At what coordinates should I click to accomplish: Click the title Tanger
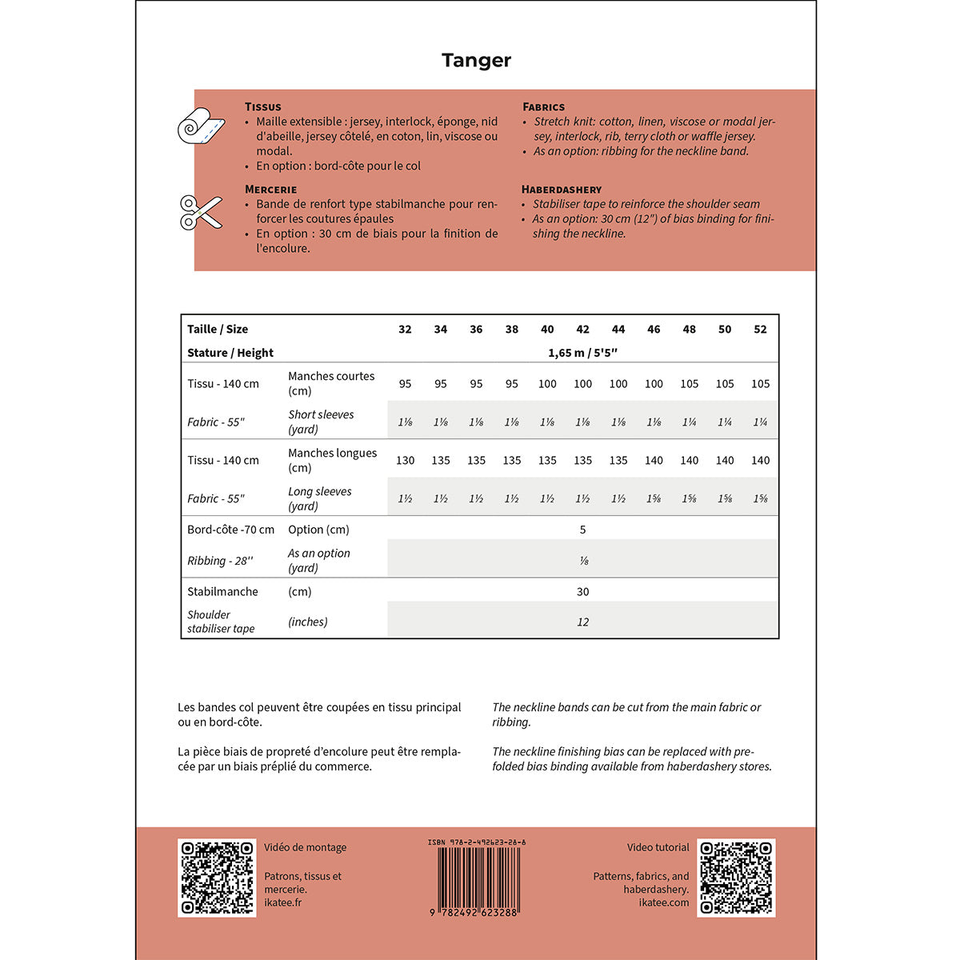pyautogui.click(x=476, y=60)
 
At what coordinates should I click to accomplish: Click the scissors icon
pyautogui.click(x=201, y=212)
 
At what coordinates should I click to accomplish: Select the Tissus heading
pyautogui.click(x=263, y=106)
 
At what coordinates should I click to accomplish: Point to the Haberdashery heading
pyautogui.click(x=562, y=190)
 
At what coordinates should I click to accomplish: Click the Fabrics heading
pyautogui.click(x=544, y=106)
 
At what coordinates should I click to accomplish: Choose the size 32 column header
pyautogui.click(x=405, y=329)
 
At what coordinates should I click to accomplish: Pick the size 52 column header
pyautogui.click(x=760, y=329)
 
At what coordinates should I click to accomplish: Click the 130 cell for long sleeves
pyautogui.click(x=405, y=460)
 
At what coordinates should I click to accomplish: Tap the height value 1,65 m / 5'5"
pyautogui.click(x=582, y=353)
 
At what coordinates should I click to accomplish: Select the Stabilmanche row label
pyautogui.click(x=222, y=591)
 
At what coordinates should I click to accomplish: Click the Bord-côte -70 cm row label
pyautogui.click(x=230, y=530)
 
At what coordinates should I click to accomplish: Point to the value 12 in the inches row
pyautogui.click(x=582, y=622)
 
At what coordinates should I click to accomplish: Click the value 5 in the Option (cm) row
pyautogui.click(x=582, y=530)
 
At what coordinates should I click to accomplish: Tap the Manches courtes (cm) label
pyautogui.click(x=331, y=383)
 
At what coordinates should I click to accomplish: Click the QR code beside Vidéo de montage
pyautogui.click(x=217, y=878)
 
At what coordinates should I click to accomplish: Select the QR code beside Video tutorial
pyautogui.click(x=736, y=878)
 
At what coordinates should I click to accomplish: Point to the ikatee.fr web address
pyautogui.click(x=283, y=902)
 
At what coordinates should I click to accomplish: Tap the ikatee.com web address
pyautogui.click(x=664, y=902)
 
